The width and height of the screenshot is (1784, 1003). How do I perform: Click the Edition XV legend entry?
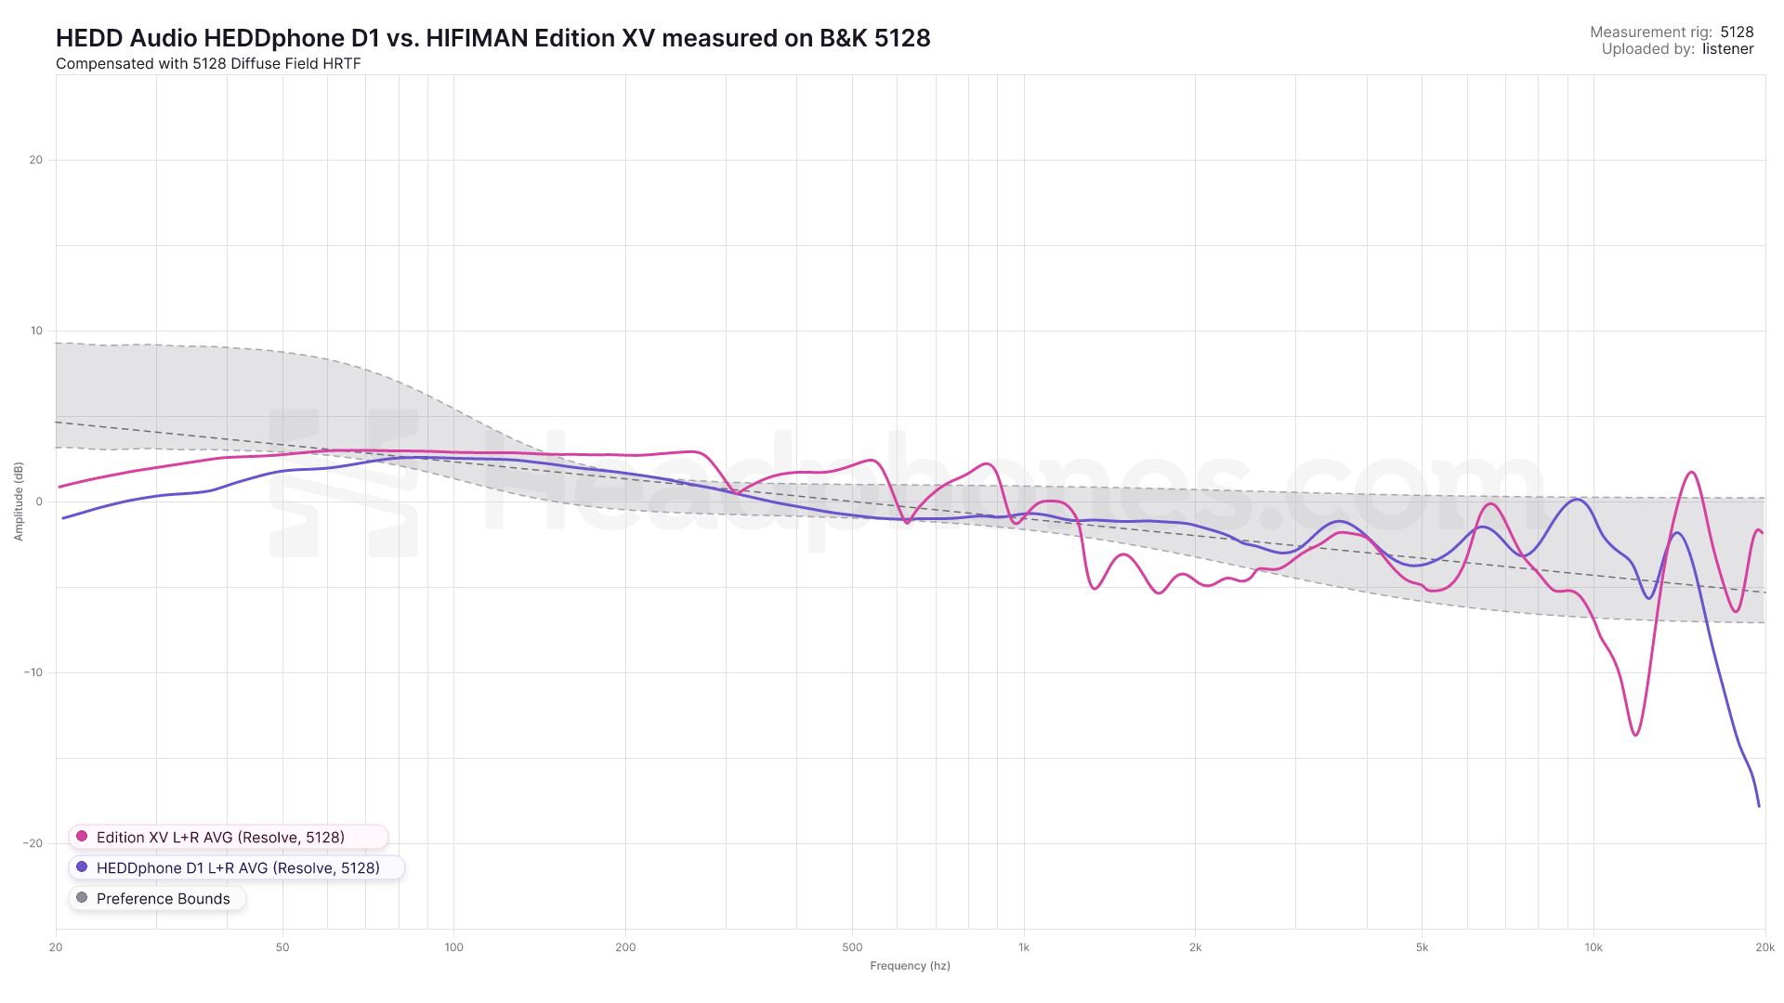[220, 837]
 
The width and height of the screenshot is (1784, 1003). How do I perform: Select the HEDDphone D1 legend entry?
[238, 867]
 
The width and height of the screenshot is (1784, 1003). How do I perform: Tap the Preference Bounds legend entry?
[163, 898]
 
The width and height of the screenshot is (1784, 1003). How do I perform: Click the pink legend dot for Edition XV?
[82, 837]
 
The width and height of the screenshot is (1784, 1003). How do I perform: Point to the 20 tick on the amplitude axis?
[36, 160]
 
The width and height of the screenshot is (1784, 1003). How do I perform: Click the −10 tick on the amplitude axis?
[33, 672]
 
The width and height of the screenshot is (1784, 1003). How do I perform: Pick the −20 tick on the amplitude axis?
[33, 843]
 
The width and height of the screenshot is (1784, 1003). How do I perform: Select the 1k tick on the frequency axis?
[1024, 947]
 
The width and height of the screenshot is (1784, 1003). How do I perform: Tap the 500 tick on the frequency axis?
[852, 947]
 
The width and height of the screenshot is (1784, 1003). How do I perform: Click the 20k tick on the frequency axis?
[1764, 947]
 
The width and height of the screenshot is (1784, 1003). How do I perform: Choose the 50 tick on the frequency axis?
[282, 947]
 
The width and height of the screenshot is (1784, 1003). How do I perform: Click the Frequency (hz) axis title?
[910, 966]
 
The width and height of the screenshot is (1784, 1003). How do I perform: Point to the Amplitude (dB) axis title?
[19, 501]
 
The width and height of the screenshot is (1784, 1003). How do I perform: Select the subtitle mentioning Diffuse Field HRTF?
[208, 64]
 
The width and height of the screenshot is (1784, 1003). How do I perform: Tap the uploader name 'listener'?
[1727, 49]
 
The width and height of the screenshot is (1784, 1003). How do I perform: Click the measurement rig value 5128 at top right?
[1737, 32]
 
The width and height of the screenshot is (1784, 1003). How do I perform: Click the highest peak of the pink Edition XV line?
[1692, 473]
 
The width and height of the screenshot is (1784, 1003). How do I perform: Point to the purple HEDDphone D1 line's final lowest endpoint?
[1759, 806]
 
